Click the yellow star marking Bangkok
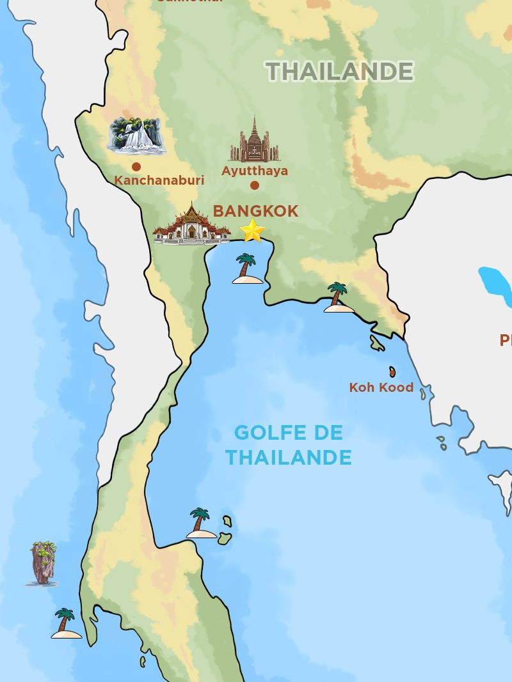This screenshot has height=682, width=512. [252, 231]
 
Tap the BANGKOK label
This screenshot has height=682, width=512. [255, 211]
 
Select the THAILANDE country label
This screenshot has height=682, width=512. [339, 72]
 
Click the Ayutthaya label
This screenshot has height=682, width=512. [255, 171]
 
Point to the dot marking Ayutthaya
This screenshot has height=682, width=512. [255, 185]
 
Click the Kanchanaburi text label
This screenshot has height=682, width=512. [159, 180]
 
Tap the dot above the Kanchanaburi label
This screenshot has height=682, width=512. [136, 167]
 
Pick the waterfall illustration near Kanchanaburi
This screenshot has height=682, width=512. [136, 136]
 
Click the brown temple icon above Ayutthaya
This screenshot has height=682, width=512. [255, 142]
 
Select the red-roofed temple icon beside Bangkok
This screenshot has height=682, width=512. [191, 226]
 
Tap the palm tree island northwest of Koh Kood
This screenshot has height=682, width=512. [338, 298]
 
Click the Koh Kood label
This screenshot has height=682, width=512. [381, 387]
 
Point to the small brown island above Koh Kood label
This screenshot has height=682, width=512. [392, 371]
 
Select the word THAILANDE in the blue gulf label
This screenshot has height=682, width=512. [289, 458]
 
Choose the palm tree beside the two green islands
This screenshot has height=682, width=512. [201, 523]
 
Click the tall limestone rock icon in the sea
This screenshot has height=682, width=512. [43, 563]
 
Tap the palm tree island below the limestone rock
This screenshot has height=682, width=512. [66, 623]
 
